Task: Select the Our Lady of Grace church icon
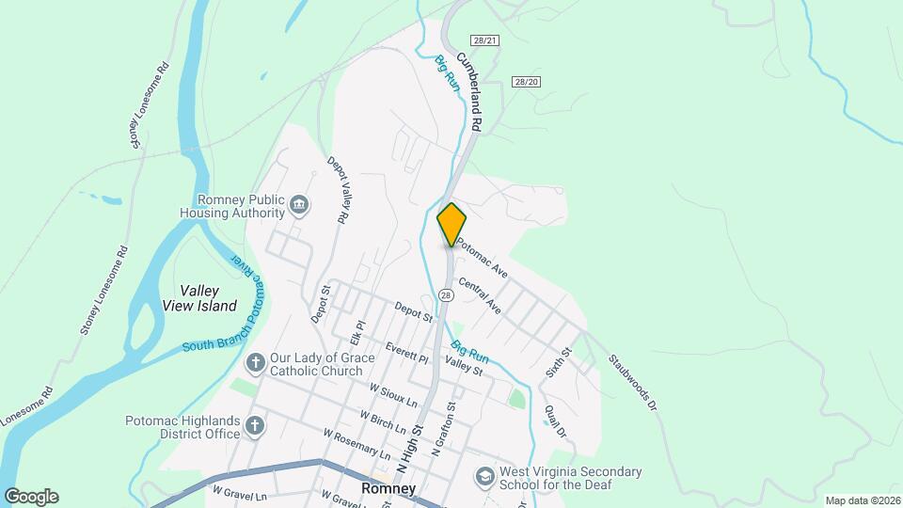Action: point(254,363)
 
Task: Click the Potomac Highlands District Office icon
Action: point(254,426)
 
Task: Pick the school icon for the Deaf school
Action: point(484,477)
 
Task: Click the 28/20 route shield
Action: point(527,82)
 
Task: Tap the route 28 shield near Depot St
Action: point(446,295)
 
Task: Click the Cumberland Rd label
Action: point(469,92)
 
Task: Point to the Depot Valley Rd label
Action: point(338,189)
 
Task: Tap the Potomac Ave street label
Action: point(483,256)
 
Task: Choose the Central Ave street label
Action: point(480,294)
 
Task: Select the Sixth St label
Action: point(559,363)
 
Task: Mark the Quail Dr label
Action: point(556,421)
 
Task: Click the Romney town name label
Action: point(388,488)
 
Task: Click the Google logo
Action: point(31,497)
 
